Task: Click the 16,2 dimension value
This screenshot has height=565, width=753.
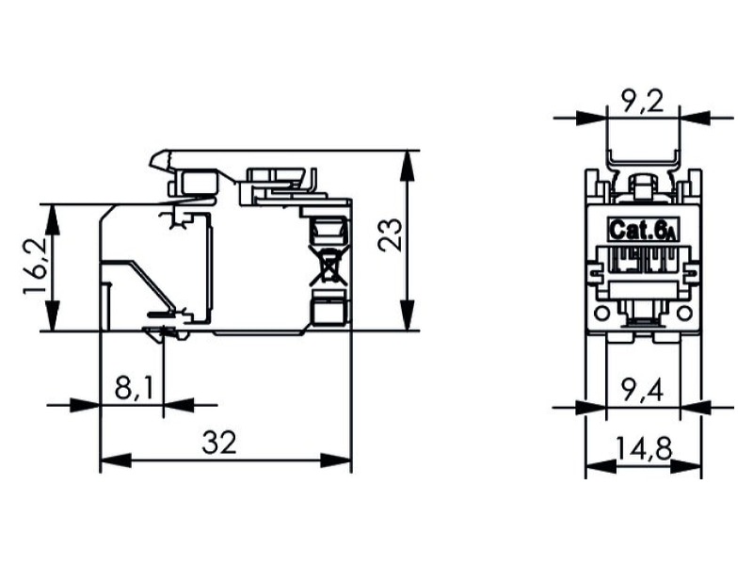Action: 35,266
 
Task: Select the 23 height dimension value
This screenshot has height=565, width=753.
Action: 390,234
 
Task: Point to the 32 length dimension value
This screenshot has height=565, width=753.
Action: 219,443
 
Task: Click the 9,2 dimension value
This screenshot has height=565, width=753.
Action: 643,103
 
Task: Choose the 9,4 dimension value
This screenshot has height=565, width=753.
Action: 644,390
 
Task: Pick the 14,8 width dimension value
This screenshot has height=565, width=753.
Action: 644,449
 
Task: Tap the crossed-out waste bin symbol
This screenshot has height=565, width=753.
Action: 328,265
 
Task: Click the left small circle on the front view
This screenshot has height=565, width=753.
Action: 601,314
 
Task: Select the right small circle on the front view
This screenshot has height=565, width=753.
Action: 685,314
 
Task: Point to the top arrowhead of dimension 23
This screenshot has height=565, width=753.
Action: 408,166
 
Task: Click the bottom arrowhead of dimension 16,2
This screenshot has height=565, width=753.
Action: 53,315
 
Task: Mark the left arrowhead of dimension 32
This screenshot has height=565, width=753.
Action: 115,460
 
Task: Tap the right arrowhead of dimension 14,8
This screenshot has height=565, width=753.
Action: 685,466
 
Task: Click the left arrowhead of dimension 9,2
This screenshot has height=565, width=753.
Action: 592,118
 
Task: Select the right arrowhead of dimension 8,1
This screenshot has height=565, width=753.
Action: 179,405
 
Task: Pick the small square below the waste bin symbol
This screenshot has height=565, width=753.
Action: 328,312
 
